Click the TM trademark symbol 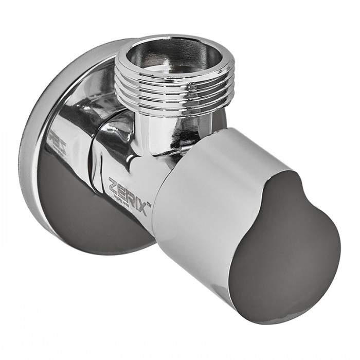point(149,205)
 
